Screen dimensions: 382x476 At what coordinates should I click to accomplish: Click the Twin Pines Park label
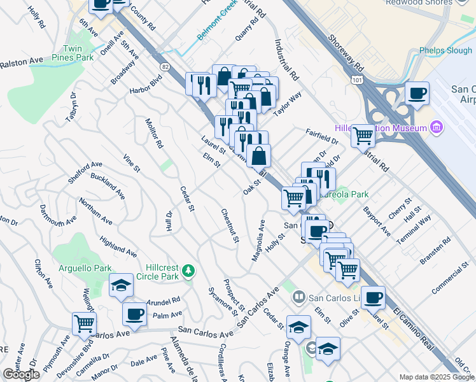pyautogui.click(x=77, y=52)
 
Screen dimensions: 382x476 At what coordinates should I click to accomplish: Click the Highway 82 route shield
pyautogui.click(x=165, y=66)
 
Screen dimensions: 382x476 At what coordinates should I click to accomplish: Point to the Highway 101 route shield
pyautogui.click(x=356, y=78)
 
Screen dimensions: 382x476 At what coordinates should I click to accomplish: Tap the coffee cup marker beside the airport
pyautogui.click(x=417, y=94)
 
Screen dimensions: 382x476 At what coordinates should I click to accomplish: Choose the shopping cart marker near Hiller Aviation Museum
pyautogui.click(x=363, y=134)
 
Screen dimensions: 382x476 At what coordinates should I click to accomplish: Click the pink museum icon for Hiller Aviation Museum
pyautogui.click(x=436, y=129)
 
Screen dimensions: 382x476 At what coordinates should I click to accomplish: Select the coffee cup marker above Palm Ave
pyautogui.click(x=135, y=313)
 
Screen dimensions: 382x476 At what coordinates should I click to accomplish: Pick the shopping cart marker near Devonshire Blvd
pyautogui.click(x=84, y=323)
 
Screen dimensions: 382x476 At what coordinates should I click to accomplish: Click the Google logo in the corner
pyautogui.click(x=21, y=374)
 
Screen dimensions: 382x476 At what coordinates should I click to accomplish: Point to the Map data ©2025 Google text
pyautogui.click(x=437, y=377)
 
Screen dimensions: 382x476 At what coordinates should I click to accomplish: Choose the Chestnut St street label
pyautogui.click(x=229, y=226)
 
